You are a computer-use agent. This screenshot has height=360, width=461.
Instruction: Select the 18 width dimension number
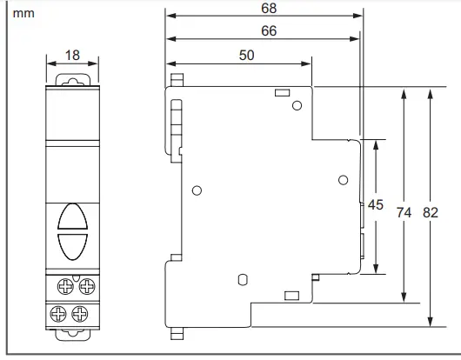(x=71, y=56)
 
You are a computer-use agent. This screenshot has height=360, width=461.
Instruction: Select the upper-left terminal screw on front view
(x=63, y=284)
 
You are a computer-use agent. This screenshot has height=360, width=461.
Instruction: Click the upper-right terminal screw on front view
(x=84, y=284)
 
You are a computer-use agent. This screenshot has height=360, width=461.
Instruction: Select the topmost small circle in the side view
(x=297, y=106)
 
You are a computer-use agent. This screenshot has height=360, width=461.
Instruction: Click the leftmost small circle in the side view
(x=197, y=190)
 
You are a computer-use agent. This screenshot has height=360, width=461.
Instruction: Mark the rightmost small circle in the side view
(x=341, y=180)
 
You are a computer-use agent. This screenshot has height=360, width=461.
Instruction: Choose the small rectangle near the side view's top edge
(x=281, y=92)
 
